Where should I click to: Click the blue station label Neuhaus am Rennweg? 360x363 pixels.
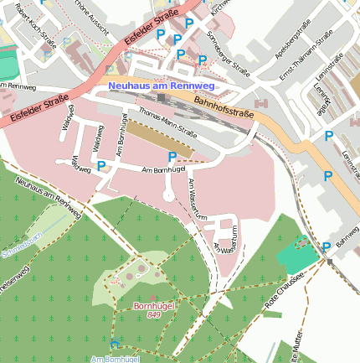[162, 86]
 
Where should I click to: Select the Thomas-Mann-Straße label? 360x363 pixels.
[167, 122]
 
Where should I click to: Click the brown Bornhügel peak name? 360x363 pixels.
[153, 306]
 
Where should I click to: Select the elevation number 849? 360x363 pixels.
[153, 316]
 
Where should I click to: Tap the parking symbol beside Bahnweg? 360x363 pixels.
[326, 246]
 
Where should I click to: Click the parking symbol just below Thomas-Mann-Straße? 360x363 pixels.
[172, 157]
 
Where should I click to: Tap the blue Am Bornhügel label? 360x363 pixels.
[115, 358]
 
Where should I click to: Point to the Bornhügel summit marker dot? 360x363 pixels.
[153, 298]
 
